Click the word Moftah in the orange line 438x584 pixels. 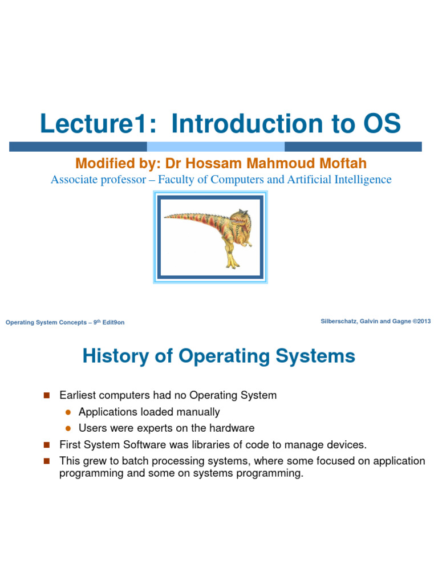pos(340,164)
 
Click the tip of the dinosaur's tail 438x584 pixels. pos(166,217)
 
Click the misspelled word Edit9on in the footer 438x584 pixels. pos(114,323)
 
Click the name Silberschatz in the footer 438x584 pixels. pos(341,322)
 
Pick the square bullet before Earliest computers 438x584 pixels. pos(47,395)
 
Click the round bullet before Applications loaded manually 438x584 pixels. pos(67,412)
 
